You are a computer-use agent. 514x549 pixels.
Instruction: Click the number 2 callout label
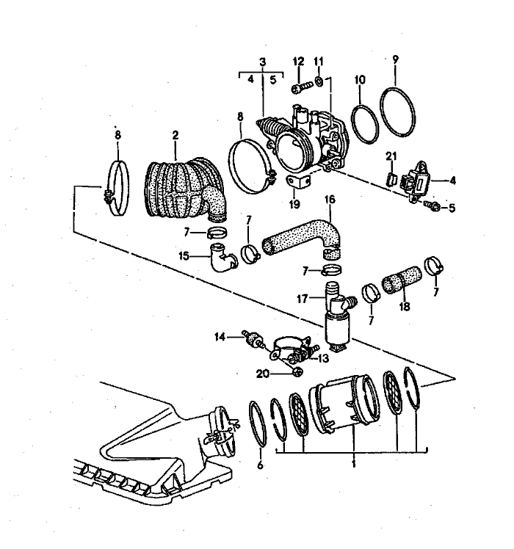tap(175, 135)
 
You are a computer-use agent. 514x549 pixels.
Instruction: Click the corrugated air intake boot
tap(179, 190)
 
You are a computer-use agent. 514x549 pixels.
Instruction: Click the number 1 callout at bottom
tap(355, 465)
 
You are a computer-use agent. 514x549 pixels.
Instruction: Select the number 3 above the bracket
tap(262, 64)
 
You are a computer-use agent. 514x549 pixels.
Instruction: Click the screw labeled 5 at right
tap(433, 207)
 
